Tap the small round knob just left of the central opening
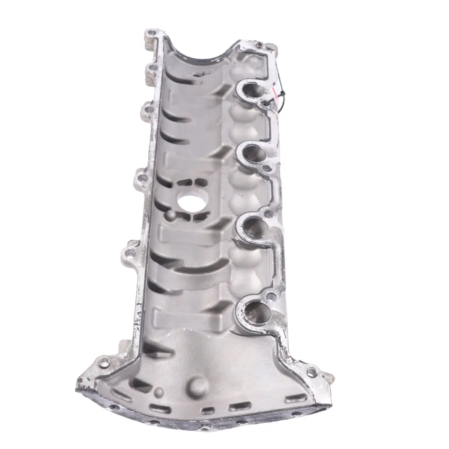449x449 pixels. [x=168, y=215]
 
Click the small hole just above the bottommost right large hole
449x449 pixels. [x=271, y=296]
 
